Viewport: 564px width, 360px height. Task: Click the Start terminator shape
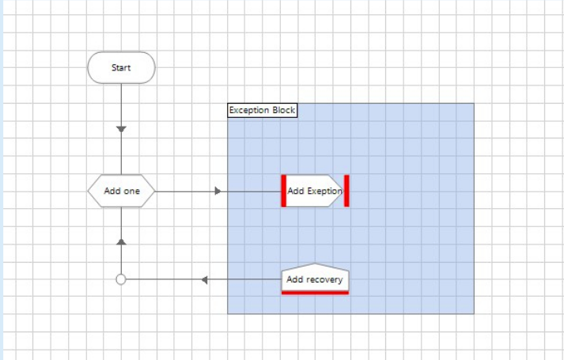pos(121,67)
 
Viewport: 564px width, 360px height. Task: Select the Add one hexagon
pos(122,191)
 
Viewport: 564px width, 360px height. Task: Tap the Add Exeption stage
pos(315,191)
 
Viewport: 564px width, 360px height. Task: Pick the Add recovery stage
pos(315,279)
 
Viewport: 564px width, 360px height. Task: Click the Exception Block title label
pos(262,110)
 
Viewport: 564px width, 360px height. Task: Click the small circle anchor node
pos(121,279)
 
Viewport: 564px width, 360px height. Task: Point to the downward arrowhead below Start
pos(121,129)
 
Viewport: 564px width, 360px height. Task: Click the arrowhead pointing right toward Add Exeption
pos(218,191)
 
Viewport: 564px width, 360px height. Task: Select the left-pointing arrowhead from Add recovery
pos(205,279)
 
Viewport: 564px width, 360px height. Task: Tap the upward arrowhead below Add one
pos(121,241)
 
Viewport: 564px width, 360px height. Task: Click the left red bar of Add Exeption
pos(284,191)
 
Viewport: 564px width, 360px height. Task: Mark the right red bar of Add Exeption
pos(346,191)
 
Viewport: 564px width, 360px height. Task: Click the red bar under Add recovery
pos(315,293)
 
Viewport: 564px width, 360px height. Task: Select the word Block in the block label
pos(284,110)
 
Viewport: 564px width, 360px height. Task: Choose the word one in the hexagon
pos(131,191)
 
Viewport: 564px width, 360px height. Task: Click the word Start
pos(121,67)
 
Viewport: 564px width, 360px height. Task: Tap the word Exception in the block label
pos(250,111)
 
